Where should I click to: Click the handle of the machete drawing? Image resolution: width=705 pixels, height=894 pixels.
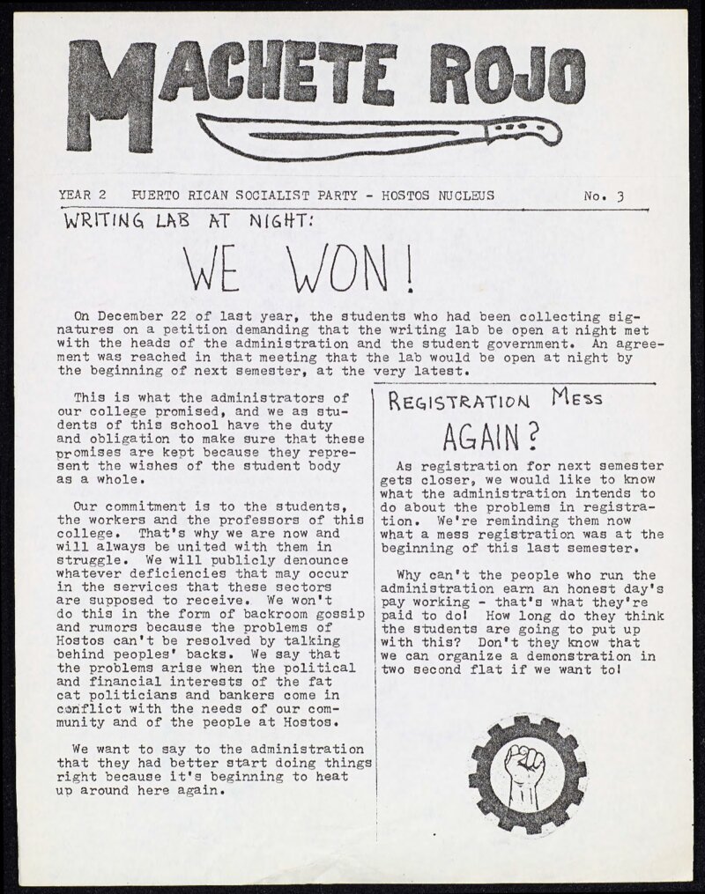tap(523, 133)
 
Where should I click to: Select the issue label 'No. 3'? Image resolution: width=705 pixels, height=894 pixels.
tap(603, 196)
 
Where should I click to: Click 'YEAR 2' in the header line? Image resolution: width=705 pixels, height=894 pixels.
tap(82, 196)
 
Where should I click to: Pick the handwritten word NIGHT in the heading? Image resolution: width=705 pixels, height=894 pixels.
tap(278, 224)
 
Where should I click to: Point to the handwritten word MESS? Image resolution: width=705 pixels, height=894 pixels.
tap(577, 398)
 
